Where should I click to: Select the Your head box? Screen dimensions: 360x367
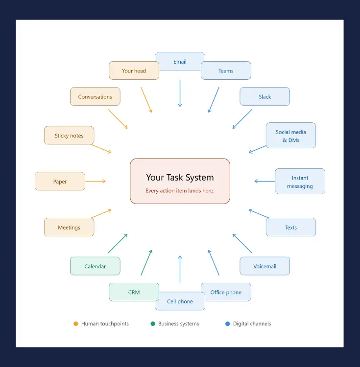coord(134,70)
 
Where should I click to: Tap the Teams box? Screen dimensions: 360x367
coord(226,70)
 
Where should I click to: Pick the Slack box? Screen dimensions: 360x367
coord(264,96)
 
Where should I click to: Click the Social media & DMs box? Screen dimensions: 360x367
coord(291,135)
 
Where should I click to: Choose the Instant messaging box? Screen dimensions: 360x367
coord(300,181)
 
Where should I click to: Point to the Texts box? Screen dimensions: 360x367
coord(291,227)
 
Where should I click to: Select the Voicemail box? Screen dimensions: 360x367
coord(264,266)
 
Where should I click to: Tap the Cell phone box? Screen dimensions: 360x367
coord(180,301)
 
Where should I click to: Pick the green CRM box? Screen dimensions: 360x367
coord(134,292)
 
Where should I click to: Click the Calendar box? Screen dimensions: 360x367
coord(95,266)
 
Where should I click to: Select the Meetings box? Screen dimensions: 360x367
coord(69,227)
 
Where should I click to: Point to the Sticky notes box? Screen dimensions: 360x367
coord(69,135)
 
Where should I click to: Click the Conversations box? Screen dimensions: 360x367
coord(95,96)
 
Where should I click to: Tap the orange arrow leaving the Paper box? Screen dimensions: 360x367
coord(96,181)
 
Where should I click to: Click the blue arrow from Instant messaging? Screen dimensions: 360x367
coord(264,181)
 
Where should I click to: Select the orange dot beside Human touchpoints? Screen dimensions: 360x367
coord(75,324)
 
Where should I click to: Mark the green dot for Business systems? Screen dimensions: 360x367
coord(153,324)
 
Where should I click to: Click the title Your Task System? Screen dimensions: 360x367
coord(180,178)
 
